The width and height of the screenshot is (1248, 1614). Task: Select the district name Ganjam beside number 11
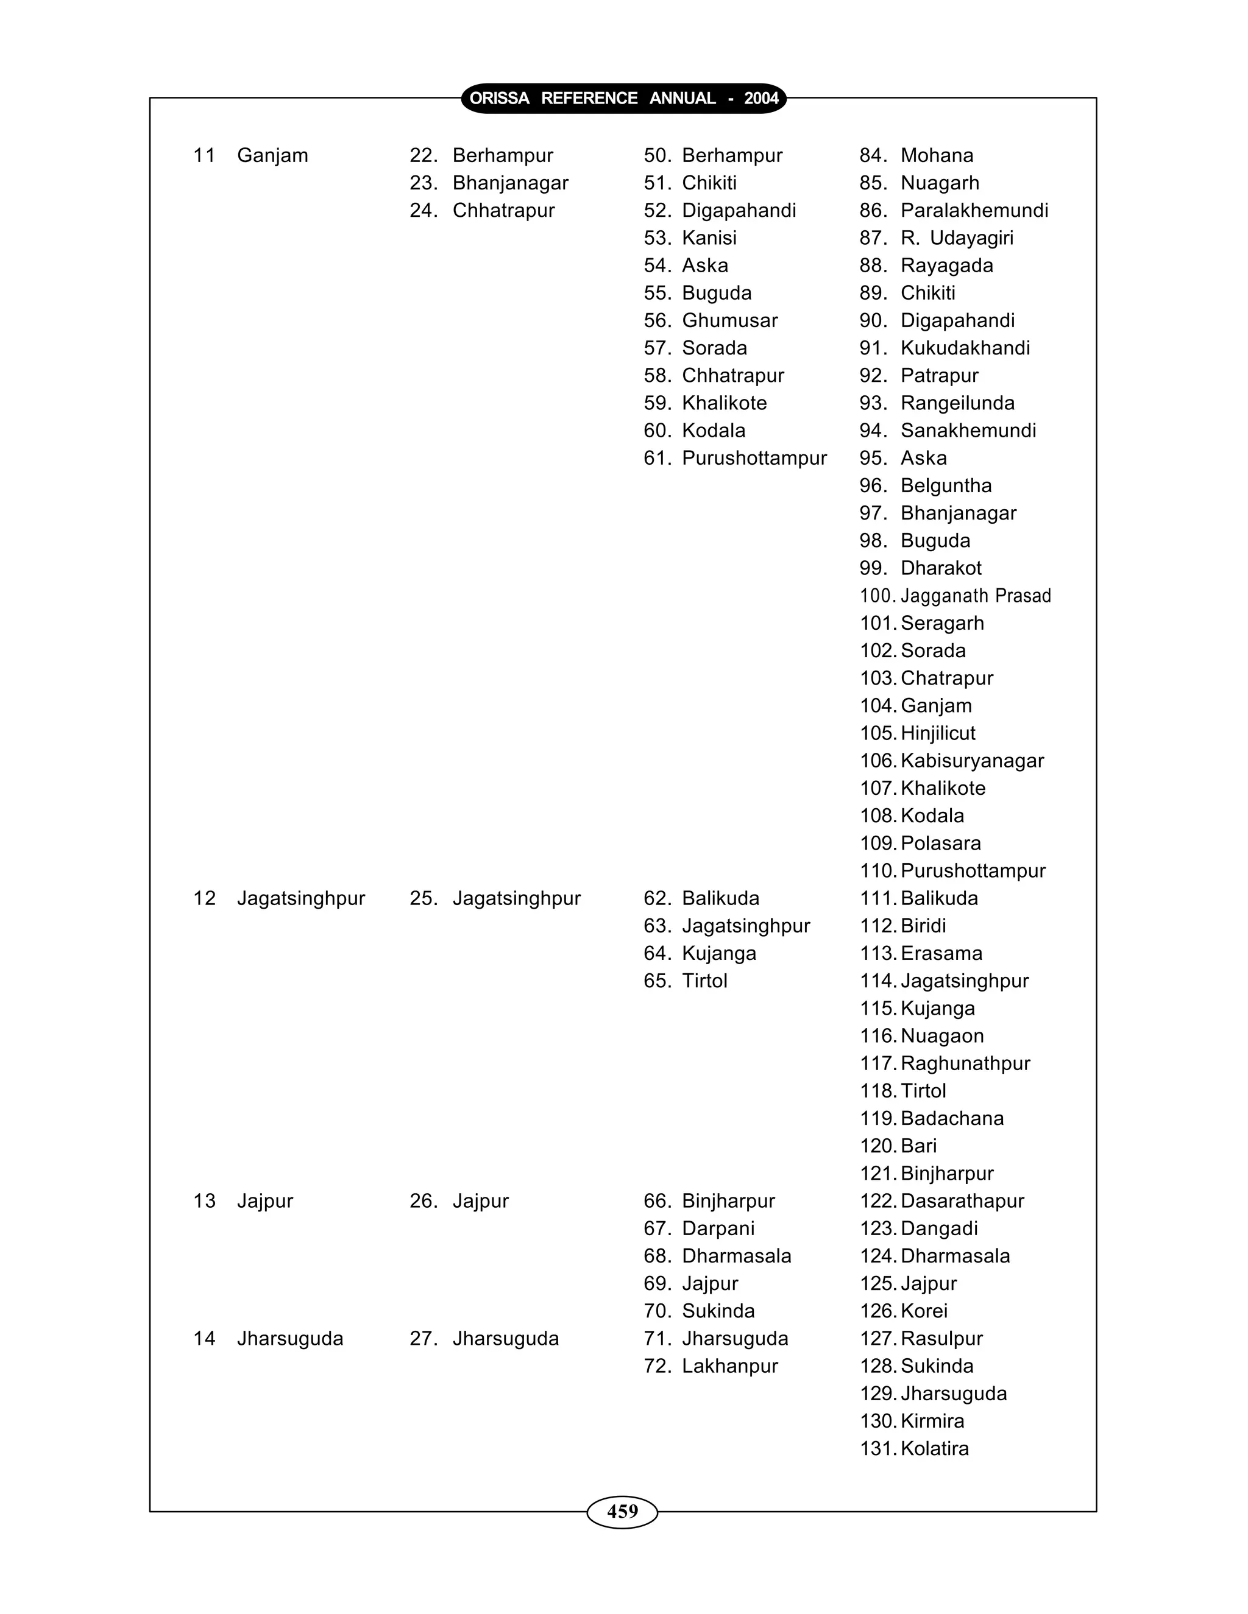tap(272, 156)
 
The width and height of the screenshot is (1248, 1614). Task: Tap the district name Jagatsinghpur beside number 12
tap(301, 898)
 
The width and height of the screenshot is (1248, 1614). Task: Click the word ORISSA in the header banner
tap(499, 98)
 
